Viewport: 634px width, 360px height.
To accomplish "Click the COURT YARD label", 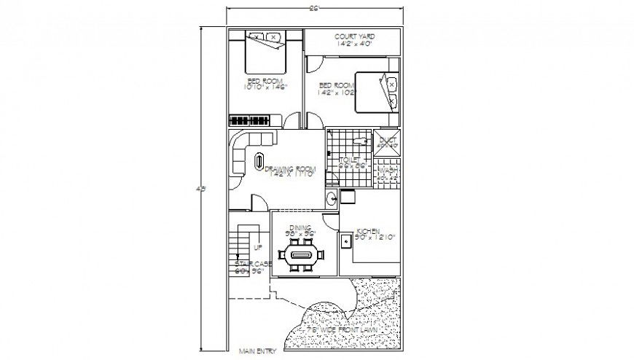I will click(354, 36).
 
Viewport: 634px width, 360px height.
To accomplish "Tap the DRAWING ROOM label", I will click(289, 169).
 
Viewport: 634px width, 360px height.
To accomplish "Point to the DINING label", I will click(300, 228).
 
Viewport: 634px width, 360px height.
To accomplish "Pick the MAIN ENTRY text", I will click(258, 352).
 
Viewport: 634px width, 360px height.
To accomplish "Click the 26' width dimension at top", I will click(315, 9).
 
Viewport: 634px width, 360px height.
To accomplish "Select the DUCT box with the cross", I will click(387, 141).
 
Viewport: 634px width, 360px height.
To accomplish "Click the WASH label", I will click(387, 171).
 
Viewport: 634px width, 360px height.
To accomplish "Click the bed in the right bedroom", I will click(377, 92).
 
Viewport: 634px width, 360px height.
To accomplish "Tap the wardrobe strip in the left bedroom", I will click(255, 120).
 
